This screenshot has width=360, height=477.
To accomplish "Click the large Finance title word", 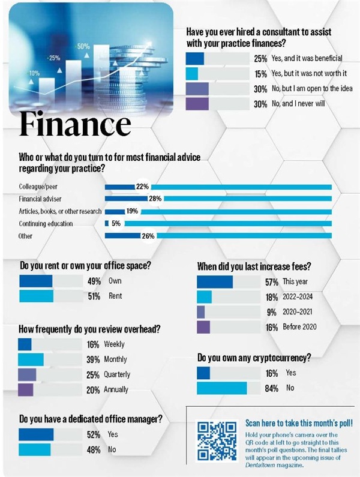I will click(x=75, y=124).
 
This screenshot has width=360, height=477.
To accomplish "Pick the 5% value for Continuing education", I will click(x=116, y=223).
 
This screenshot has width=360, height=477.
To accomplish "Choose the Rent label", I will click(x=115, y=296).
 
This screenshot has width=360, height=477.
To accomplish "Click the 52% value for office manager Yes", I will click(x=94, y=434).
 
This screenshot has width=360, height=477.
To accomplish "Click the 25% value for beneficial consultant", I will click(x=260, y=59).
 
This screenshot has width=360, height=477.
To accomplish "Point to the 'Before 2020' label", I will click(x=299, y=327).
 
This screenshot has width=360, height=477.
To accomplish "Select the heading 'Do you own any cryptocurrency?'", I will click(x=254, y=358).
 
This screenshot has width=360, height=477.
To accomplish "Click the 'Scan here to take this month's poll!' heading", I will click(x=299, y=422).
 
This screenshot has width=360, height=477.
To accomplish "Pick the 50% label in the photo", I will click(x=83, y=46).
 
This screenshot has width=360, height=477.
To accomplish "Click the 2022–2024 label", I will click(x=298, y=296).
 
